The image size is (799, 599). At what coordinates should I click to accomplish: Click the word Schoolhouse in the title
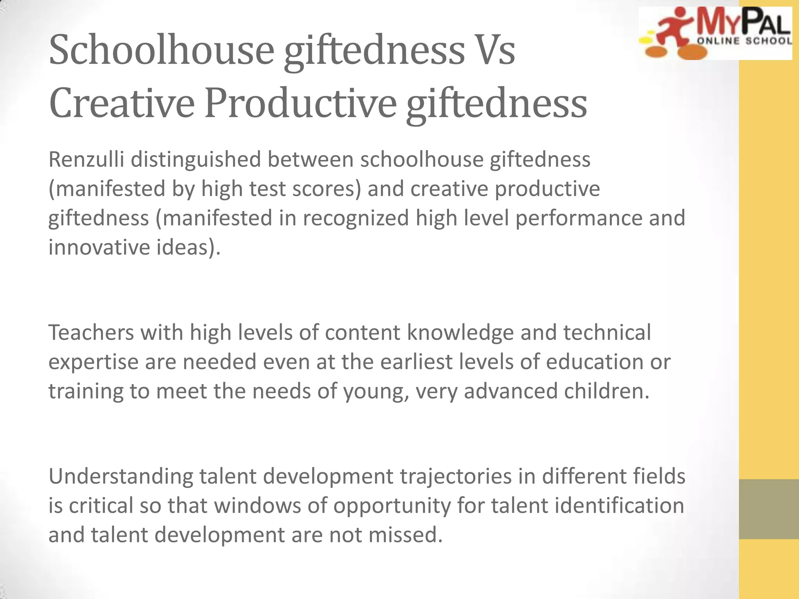162,50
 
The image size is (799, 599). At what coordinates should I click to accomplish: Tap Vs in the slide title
495,50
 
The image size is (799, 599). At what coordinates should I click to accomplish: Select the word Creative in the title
122,103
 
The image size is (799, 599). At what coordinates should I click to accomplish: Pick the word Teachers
91,333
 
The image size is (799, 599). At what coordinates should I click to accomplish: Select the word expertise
93,362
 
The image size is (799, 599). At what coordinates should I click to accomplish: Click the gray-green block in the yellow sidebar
769,509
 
